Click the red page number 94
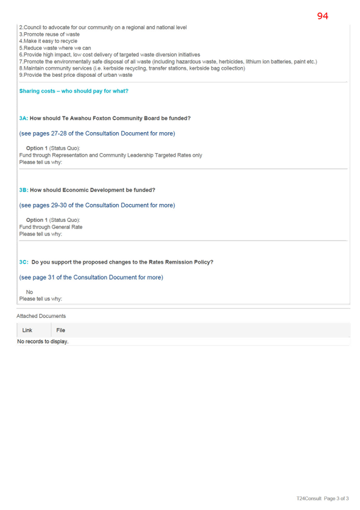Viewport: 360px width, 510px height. (x=323, y=16)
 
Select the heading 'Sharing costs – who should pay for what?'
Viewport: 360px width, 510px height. (x=74, y=91)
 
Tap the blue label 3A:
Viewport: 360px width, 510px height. (x=24, y=119)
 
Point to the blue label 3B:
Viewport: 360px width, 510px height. (x=24, y=190)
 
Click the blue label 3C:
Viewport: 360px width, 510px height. (x=24, y=262)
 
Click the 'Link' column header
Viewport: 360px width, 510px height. (x=27, y=330)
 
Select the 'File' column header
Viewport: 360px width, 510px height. (x=61, y=330)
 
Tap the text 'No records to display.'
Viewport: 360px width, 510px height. (x=43, y=342)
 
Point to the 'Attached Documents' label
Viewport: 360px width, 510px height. (x=41, y=316)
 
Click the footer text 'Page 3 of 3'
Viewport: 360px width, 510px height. (x=336, y=498)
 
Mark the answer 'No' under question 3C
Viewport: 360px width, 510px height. (x=29, y=292)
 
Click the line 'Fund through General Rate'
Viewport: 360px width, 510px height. (x=51, y=227)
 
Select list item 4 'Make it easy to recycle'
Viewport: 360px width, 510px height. (x=48, y=41)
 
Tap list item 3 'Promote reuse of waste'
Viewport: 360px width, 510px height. (x=50, y=34)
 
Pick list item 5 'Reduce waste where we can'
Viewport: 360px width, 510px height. (x=55, y=48)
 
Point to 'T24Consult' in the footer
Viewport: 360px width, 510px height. (x=309, y=498)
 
